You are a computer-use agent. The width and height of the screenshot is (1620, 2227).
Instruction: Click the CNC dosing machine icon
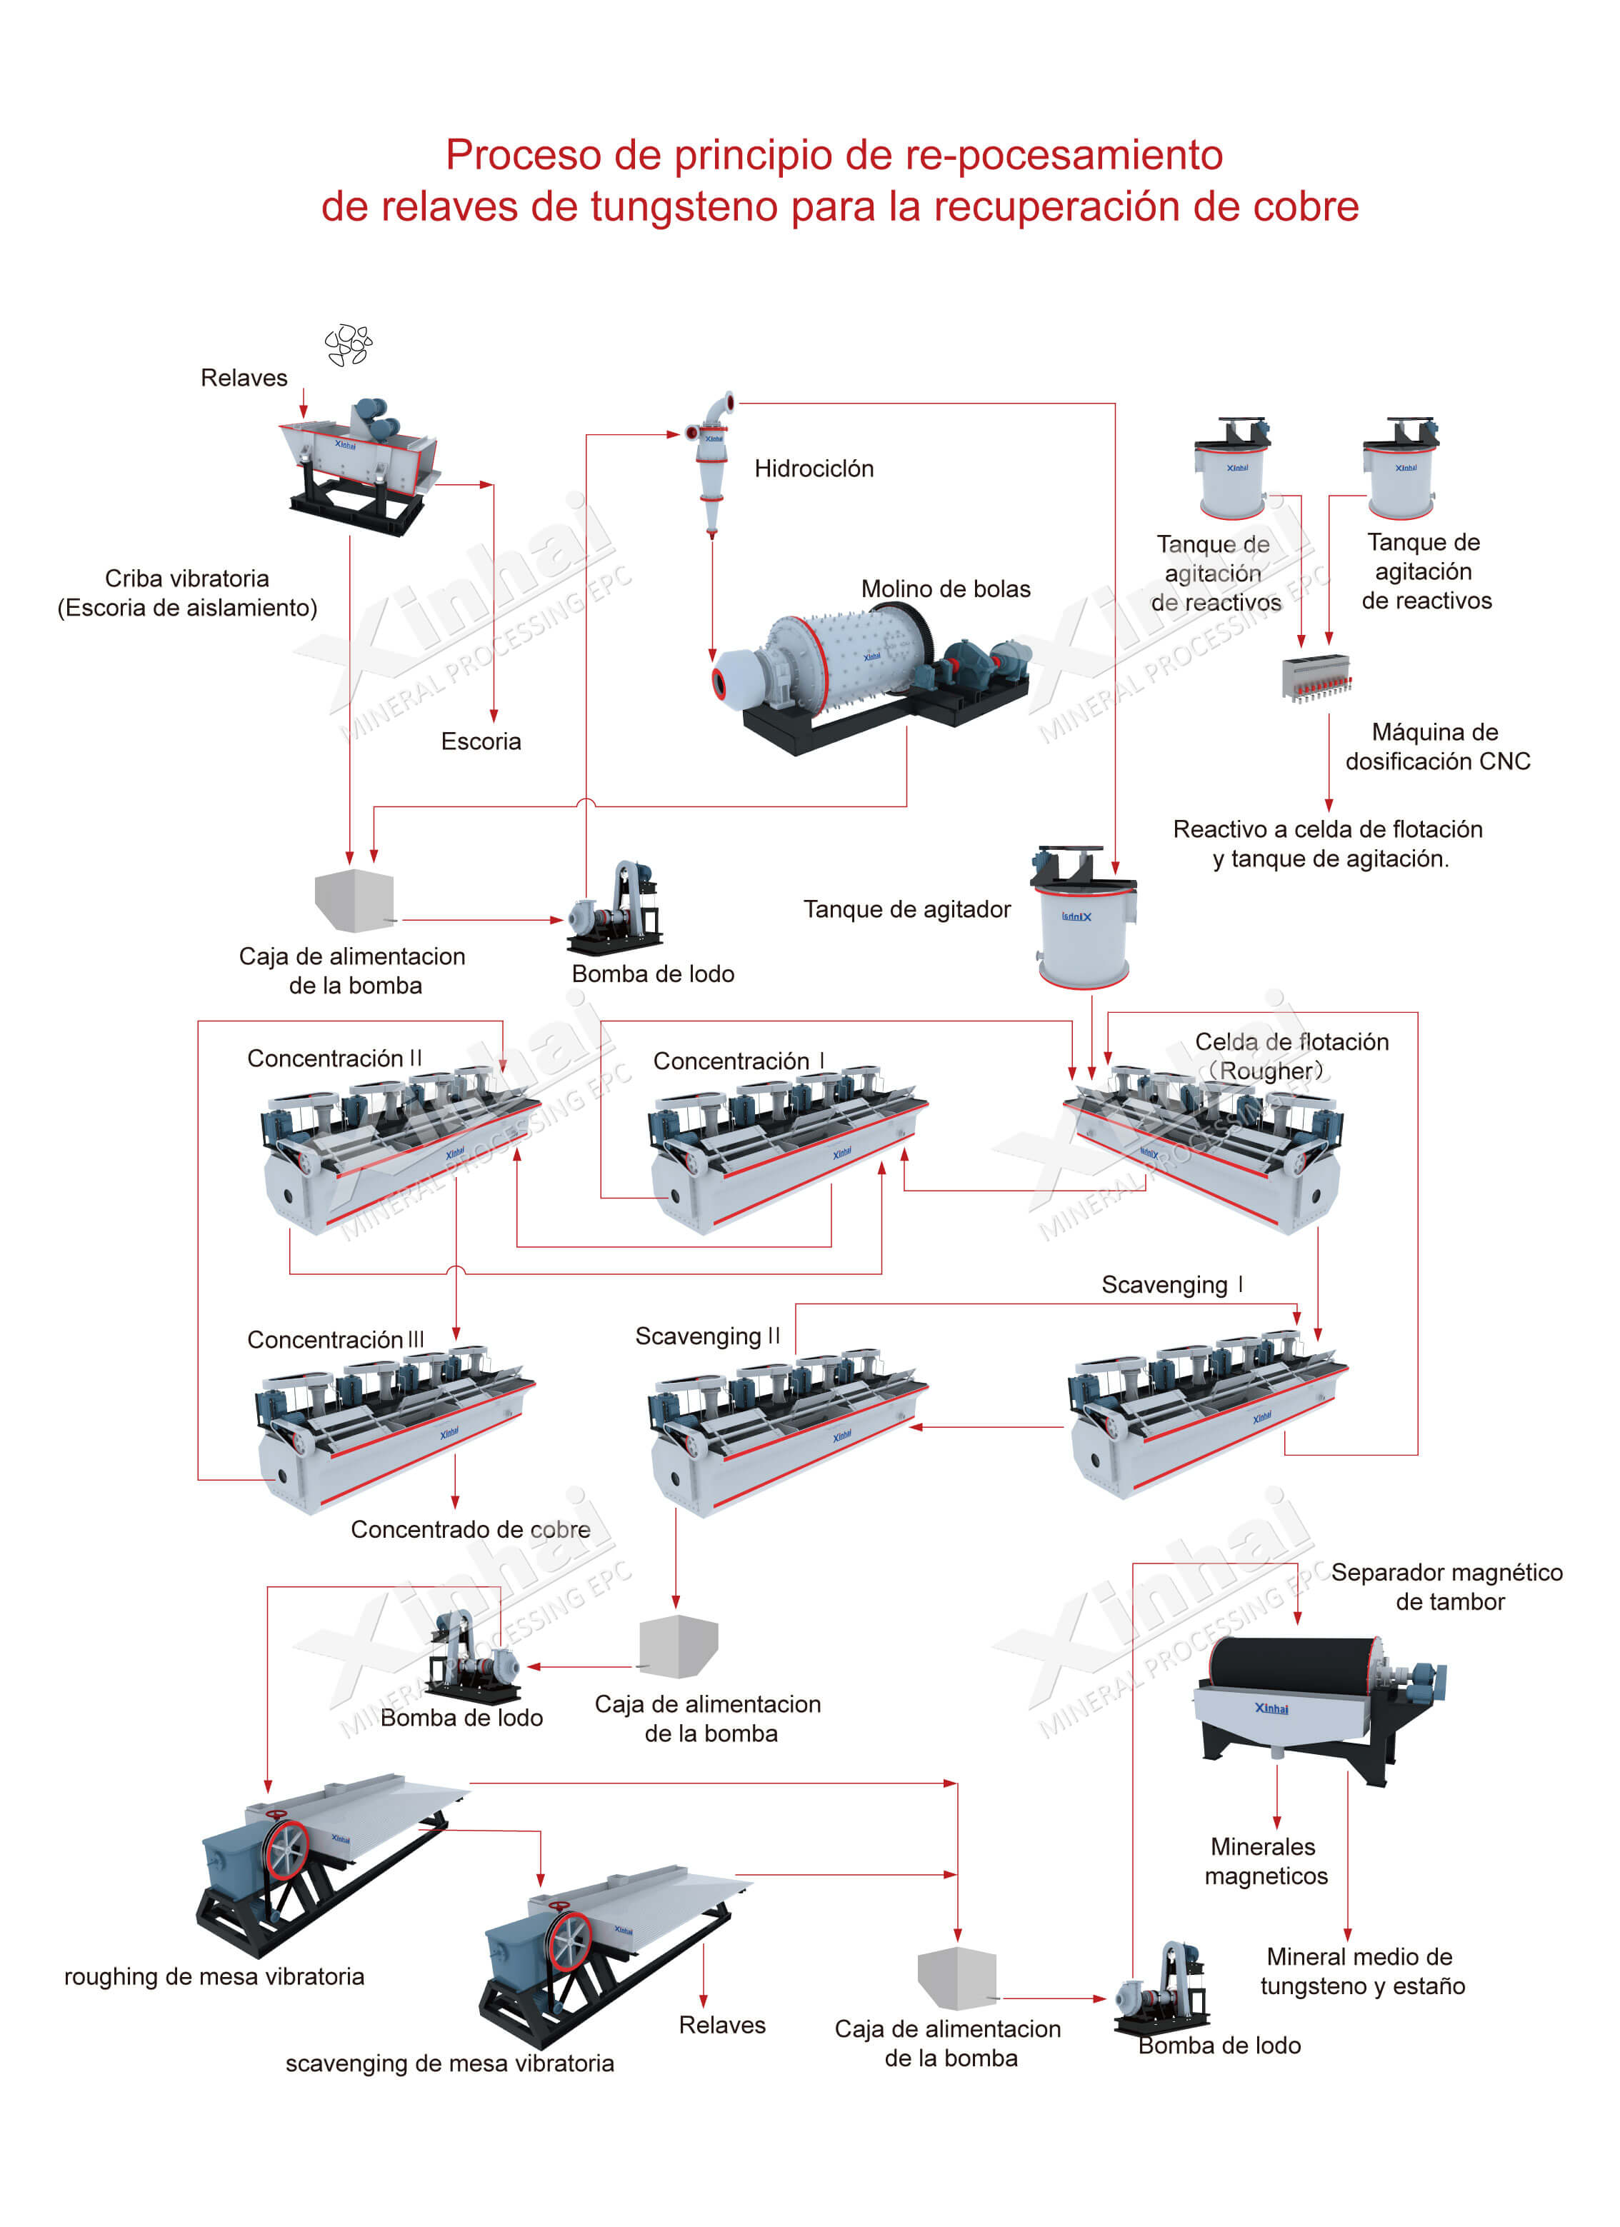1316,678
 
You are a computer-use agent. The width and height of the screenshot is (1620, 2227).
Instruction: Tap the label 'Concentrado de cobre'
470,1529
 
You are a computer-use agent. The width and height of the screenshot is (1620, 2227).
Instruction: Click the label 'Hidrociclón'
813,469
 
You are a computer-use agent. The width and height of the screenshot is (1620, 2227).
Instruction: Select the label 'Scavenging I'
1171,1284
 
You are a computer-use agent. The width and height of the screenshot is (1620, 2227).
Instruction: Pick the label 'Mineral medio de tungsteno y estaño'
1361,1971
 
